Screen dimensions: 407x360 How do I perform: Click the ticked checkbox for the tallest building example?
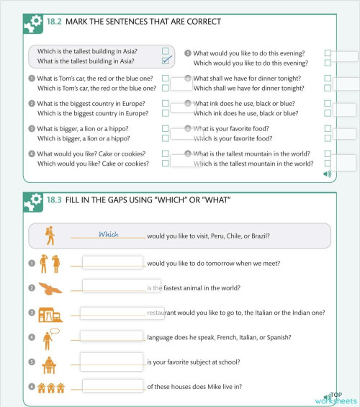pos(166,61)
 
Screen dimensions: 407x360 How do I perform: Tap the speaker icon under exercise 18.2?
pos(328,174)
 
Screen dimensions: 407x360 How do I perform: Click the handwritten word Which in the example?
pos(108,234)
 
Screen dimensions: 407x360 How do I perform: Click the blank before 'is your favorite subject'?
pos(112,361)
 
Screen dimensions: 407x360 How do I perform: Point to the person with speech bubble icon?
pos(50,338)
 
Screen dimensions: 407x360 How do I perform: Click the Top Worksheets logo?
pos(334,398)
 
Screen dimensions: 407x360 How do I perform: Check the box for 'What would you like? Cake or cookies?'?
pos(166,153)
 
